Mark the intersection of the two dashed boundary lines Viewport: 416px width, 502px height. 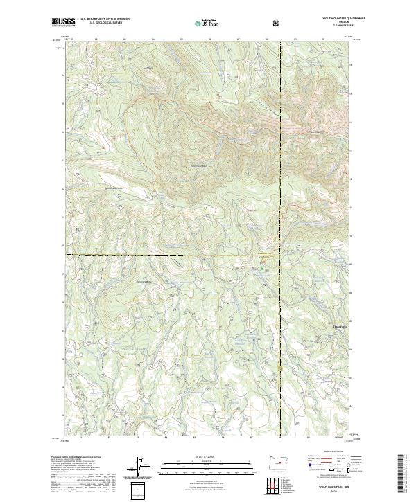(281, 255)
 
